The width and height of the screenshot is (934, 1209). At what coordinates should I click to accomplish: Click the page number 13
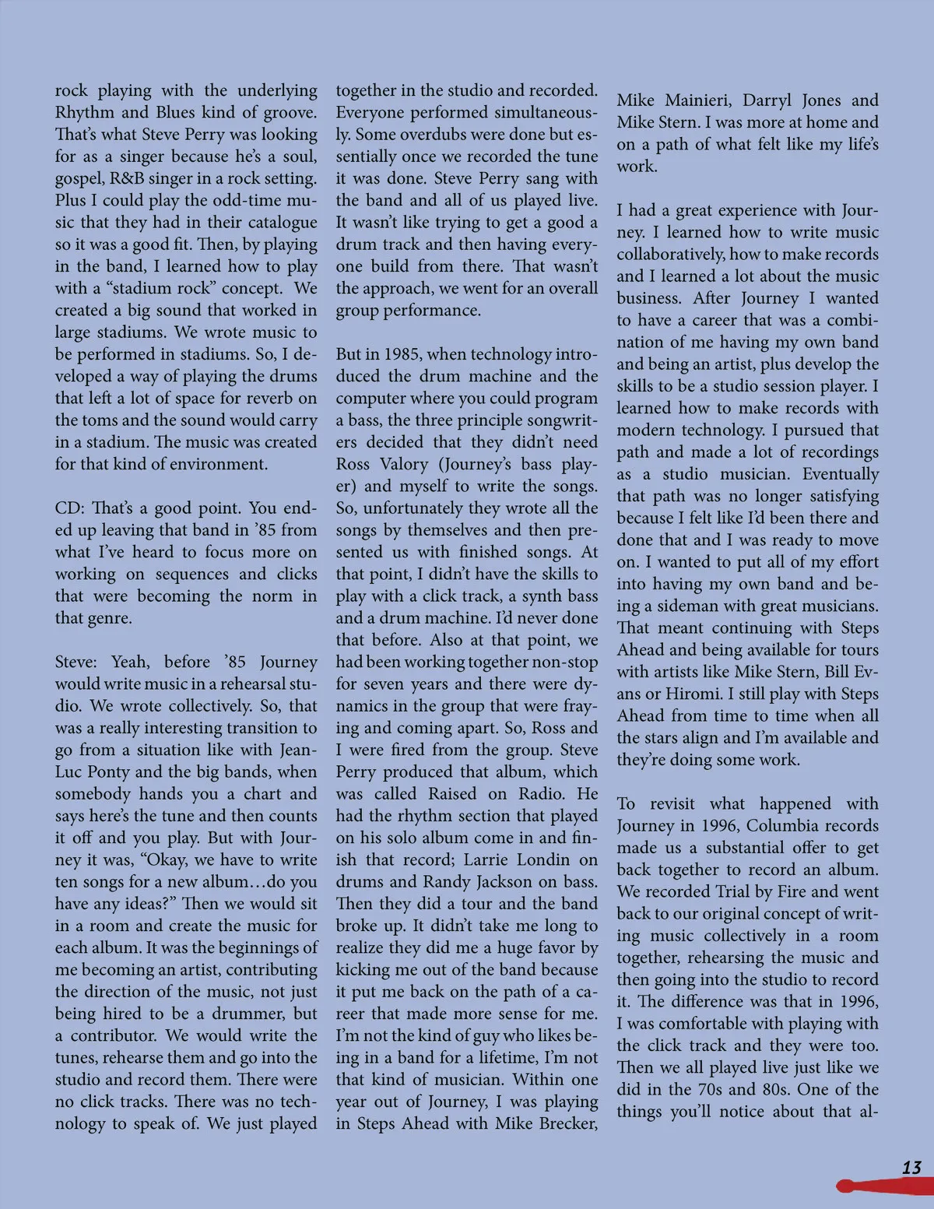click(x=911, y=1167)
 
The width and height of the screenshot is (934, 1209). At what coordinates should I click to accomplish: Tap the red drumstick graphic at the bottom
click(x=883, y=1186)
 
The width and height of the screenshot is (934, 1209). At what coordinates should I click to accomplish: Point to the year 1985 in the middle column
click(x=402, y=354)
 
